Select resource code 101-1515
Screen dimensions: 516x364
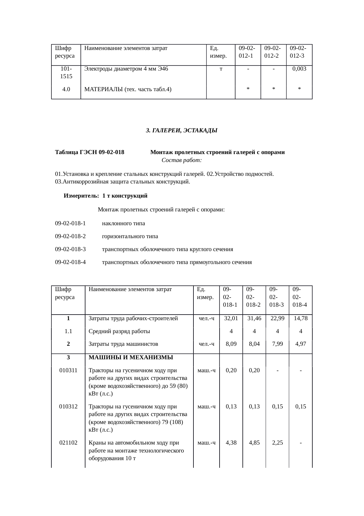(66, 73)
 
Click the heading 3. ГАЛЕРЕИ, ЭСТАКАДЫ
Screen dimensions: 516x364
(182, 130)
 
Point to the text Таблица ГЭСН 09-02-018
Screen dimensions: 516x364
(90, 152)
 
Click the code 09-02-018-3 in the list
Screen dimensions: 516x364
(70, 249)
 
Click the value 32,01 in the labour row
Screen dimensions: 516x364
(231, 318)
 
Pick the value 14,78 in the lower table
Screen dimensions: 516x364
(301, 318)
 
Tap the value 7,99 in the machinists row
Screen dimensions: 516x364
(277, 344)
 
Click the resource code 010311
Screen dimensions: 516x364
(68, 370)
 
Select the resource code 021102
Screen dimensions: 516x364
(68, 443)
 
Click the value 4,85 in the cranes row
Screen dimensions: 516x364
(254, 443)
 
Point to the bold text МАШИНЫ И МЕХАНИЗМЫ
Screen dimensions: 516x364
(131, 358)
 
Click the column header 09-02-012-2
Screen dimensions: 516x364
(273, 52)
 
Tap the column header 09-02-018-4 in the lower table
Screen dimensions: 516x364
(300, 297)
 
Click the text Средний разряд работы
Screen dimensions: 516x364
(119, 331)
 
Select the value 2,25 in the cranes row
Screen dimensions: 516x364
(277, 443)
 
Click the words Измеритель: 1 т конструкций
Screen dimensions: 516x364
(106, 196)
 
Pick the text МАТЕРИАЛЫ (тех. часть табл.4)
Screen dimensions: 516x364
(128, 89)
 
